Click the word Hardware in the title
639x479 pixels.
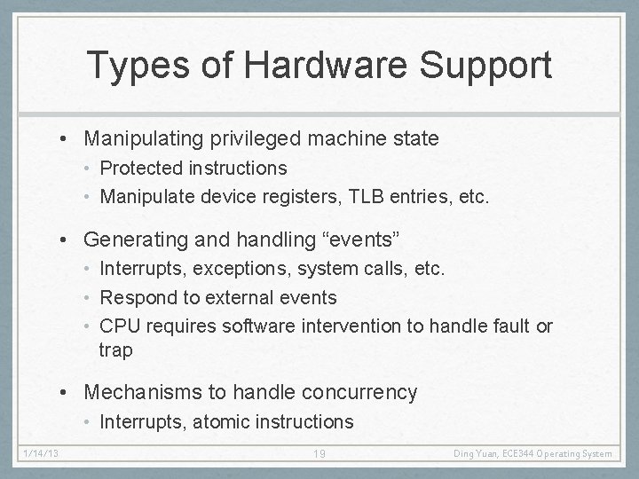321,65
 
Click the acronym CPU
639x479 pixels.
120,326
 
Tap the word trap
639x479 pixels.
115,350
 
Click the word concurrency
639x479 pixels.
364,392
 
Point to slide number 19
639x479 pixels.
320,453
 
